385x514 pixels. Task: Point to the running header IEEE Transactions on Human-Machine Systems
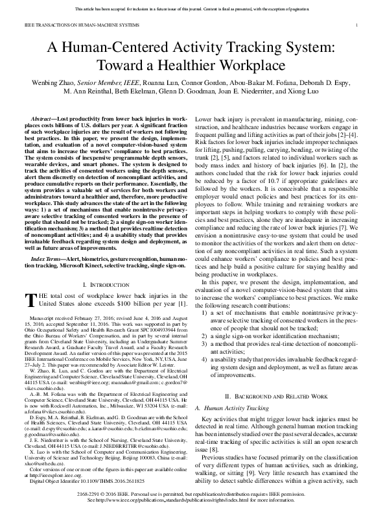click(67, 24)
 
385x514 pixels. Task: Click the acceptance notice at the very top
click(192, 9)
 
